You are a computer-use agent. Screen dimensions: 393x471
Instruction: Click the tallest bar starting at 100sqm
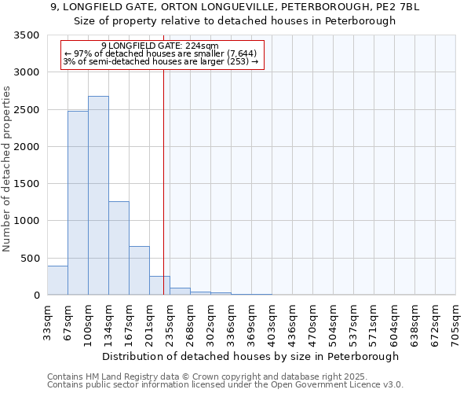tap(98, 196)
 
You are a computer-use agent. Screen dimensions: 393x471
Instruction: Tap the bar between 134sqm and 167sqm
tap(119, 248)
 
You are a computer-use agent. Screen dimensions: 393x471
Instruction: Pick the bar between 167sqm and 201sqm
tap(139, 270)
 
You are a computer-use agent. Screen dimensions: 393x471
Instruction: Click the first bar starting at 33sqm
tap(57, 281)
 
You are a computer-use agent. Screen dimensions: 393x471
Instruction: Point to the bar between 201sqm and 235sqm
tap(159, 286)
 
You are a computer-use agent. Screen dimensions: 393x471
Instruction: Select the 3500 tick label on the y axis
tap(27, 36)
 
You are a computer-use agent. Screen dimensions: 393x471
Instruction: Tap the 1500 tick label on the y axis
tap(27, 184)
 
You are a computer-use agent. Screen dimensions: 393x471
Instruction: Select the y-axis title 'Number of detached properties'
tap(8, 169)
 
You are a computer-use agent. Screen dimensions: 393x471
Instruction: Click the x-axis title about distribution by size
tap(250, 356)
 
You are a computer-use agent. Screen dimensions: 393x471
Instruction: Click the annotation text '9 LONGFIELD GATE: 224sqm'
tap(160, 46)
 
